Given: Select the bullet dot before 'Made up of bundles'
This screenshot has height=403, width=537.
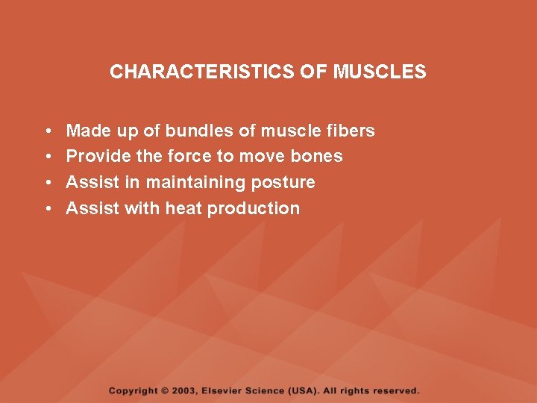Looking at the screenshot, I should click(x=46, y=132).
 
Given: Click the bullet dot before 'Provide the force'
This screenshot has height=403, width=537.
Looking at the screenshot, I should click(x=46, y=157).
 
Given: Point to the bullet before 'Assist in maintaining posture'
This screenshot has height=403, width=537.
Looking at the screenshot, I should click(x=46, y=184).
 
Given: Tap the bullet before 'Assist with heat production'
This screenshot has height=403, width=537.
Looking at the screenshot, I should click(x=46, y=210).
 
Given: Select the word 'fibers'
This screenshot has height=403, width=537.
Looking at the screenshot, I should click(x=351, y=131).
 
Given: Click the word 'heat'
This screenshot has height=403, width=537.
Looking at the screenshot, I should click(x=183, y=209).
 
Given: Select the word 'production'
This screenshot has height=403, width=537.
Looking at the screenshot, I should click(x=254, y=209).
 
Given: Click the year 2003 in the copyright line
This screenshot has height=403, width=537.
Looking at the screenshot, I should click(x=185, y=390).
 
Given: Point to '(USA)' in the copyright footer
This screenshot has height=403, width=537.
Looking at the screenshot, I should click(x=303, y=390).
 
